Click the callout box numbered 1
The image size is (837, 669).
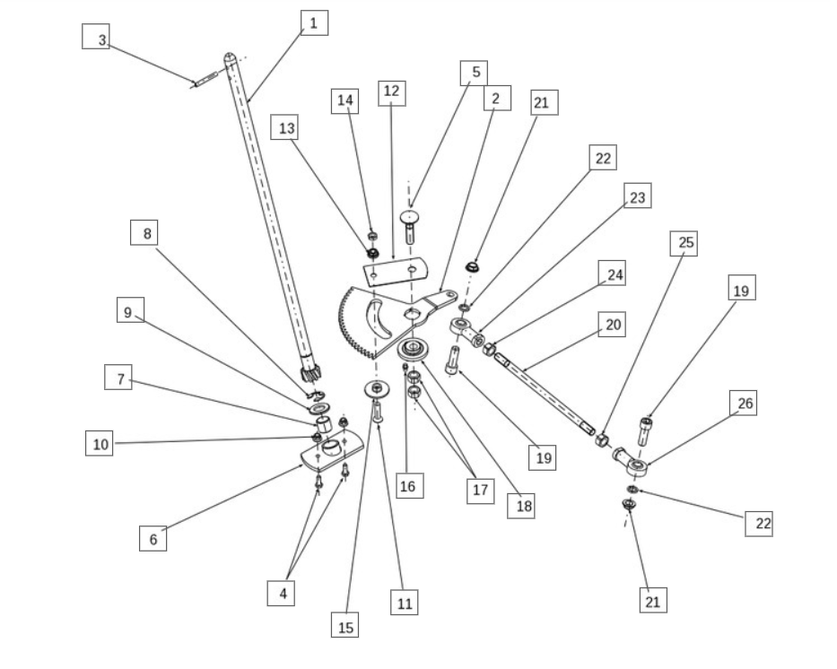[313, 22]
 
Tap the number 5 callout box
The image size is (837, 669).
[475, 73]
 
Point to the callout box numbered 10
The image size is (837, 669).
[100, 443]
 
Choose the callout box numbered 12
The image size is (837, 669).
[391, 92]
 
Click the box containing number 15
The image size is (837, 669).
[345, 626]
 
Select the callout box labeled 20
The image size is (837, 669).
[614, 324]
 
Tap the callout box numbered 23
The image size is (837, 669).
[637, 196]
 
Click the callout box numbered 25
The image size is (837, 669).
[684, 243]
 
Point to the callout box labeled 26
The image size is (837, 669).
[745, 404]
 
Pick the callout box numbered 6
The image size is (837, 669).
[153, 538]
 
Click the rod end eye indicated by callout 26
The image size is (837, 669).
[636, 465]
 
